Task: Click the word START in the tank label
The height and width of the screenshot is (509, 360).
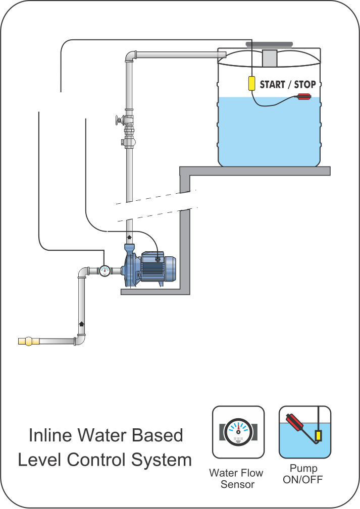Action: [x=273, y=85]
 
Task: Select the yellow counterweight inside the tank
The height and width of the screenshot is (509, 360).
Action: [x=251, y=83]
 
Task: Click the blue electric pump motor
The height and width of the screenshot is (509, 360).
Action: [x=158, y=266]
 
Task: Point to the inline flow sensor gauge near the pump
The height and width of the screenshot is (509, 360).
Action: [x=105, y=270]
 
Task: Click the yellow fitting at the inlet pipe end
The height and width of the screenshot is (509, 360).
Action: [x=29, y=342]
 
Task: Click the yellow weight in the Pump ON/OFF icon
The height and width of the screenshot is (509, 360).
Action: [x=319, y=435]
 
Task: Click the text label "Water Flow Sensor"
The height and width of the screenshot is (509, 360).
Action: [x=236, y=479]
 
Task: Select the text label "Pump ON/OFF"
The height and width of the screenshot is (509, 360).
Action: [x=303, y=474]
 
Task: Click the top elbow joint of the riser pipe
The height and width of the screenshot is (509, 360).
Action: [x=130, y=55]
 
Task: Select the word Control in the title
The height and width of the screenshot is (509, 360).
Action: [x=96, y=460]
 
